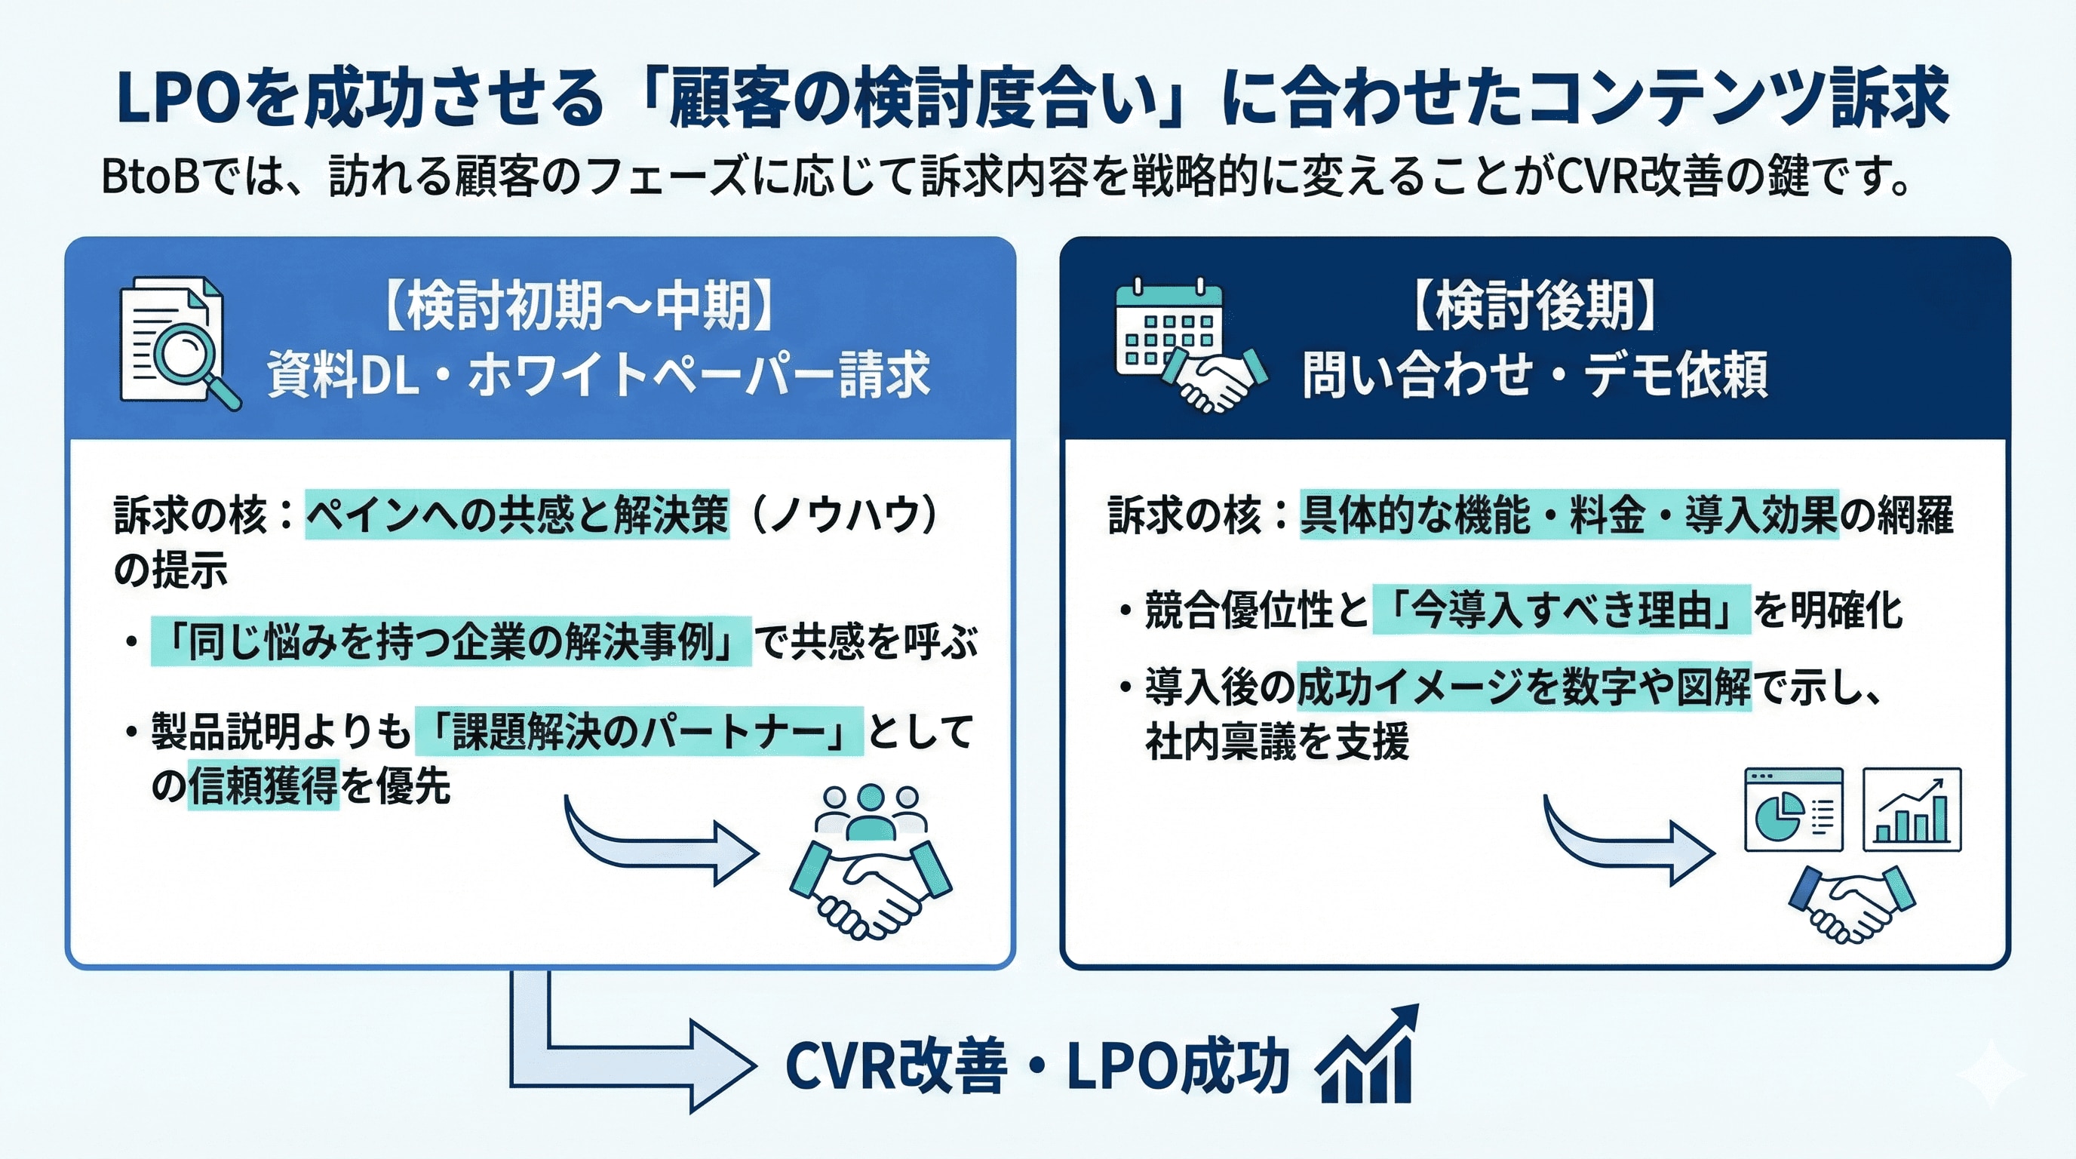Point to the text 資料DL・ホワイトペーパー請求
(598, 375)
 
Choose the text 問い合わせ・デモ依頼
(1534, 375)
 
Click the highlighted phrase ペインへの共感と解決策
(517, 514)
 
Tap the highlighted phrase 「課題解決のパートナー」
(638, 732)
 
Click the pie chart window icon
(1792, 809)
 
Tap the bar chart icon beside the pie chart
(1912, 809)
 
